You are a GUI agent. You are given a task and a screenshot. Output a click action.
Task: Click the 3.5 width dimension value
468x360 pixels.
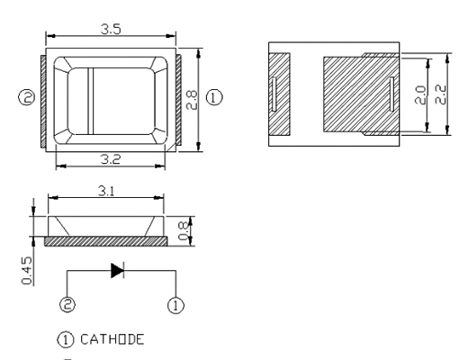111,29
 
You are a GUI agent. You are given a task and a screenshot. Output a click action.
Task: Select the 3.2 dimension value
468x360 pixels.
111,159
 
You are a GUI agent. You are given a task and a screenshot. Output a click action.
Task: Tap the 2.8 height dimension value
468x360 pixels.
192,100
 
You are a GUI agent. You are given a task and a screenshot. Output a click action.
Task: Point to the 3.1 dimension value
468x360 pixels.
106,191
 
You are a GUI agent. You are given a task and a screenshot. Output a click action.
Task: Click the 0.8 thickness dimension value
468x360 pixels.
184,230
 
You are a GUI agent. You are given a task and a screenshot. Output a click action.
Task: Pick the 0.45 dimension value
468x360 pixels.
27,270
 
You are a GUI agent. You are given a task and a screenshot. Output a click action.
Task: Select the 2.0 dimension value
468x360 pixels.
420,95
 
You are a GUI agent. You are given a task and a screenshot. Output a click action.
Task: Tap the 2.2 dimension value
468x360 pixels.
440,94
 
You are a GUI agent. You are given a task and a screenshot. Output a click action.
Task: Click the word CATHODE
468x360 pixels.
112,339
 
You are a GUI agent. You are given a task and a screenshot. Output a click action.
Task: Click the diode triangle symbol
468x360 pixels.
117,270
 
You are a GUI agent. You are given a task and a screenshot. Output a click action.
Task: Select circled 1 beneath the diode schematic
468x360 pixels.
175,305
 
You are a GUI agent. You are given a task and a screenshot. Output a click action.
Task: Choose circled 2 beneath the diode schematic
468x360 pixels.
67,304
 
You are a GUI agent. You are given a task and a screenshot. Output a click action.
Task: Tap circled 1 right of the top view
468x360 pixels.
214,97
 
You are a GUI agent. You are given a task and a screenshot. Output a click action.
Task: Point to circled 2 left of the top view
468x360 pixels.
27,97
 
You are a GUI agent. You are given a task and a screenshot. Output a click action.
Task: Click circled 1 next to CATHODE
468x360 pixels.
65,340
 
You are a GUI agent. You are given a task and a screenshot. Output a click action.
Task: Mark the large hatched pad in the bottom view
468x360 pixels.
361,94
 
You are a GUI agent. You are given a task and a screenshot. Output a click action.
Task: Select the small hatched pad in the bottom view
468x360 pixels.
279,94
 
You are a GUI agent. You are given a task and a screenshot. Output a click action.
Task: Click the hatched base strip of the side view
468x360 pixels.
106,241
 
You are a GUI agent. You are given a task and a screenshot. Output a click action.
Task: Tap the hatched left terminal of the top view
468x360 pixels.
43,101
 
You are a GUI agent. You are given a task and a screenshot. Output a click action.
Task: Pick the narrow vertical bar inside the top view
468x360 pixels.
91,101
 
